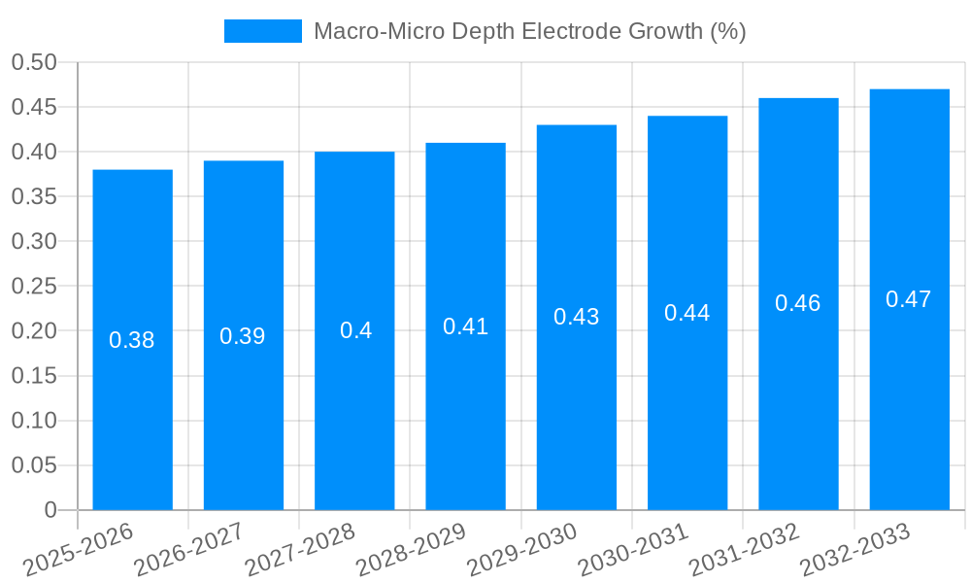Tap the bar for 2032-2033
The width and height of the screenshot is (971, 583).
pos(909,389)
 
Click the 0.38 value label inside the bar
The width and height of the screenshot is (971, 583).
pos(132,340)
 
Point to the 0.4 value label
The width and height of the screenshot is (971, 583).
pos(355,330)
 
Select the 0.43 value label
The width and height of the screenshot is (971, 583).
pos(577,317)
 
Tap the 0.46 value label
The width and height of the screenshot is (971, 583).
pos(798,303)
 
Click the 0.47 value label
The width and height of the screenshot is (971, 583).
pos(909,299)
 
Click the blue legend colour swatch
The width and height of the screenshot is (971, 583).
pos(262,31)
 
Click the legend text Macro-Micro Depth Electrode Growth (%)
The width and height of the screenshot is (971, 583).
pos(529,31)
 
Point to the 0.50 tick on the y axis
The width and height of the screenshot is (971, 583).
pos(34,62)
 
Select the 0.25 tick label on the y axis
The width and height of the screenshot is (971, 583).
pos(34,287)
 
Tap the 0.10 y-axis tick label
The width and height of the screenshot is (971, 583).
pos(34,421)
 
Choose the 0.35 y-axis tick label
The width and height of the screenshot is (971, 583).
pos(34,196)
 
